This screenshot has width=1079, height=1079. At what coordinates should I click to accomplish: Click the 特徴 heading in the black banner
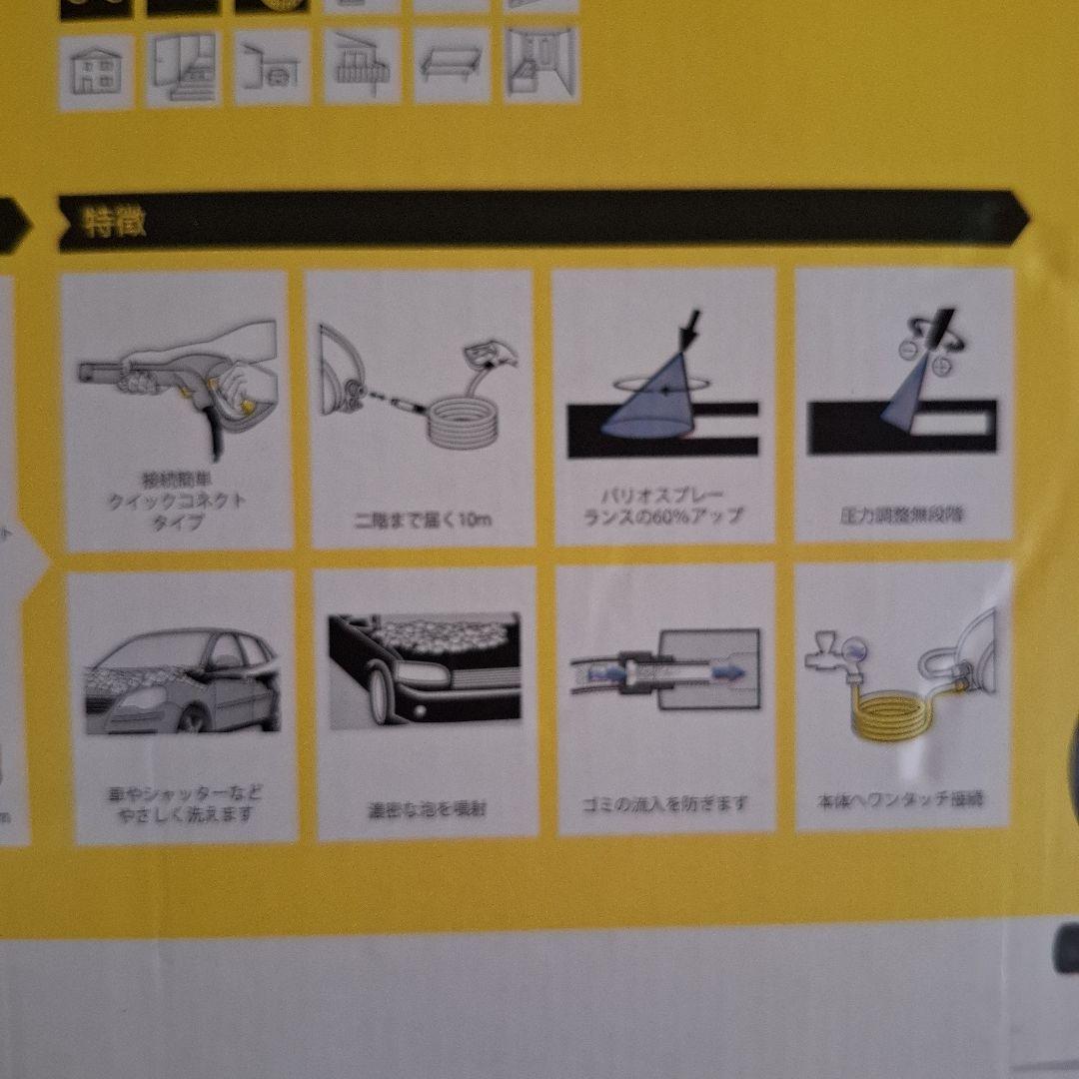pyautogui.click(x=114, y=222)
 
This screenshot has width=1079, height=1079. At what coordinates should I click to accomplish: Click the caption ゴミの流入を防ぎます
pyautogui.click(x=665, y=804)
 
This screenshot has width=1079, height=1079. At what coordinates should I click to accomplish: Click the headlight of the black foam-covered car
pyautogui.click(x=417, y=674)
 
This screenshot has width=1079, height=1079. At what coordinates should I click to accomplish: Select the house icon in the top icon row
pyautogui.click(x=95, y=71)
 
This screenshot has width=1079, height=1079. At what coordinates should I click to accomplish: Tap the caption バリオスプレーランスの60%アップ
pyautogui.click(x=664, y=506)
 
